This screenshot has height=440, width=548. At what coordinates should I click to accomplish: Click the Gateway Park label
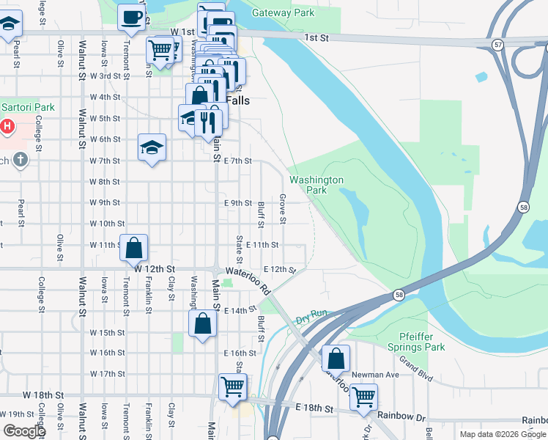click(x=283, y=12)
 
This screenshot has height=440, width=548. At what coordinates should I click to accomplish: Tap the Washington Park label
click(x=316, y=185)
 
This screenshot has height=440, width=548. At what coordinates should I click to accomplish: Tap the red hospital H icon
click(x=7, y=126)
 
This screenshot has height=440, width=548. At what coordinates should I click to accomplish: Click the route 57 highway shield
click(x=498, y=45)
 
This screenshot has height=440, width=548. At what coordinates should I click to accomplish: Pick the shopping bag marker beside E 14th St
click(x=202, y=324)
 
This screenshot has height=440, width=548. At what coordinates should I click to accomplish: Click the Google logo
click(x=24, y=431)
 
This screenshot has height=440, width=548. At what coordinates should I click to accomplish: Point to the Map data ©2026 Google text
click(x=502, y=434)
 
